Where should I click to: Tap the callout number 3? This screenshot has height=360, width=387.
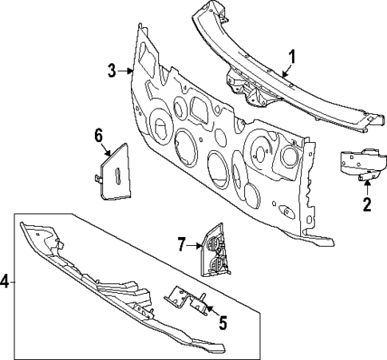(x=113, y=70)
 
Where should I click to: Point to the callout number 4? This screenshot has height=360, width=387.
(x=5, y=281)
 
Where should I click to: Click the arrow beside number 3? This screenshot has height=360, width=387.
(x=127, y=72)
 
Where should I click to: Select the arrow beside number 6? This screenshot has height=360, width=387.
(x=105, y=150)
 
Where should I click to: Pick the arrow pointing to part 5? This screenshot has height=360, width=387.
(x=211, y=310)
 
